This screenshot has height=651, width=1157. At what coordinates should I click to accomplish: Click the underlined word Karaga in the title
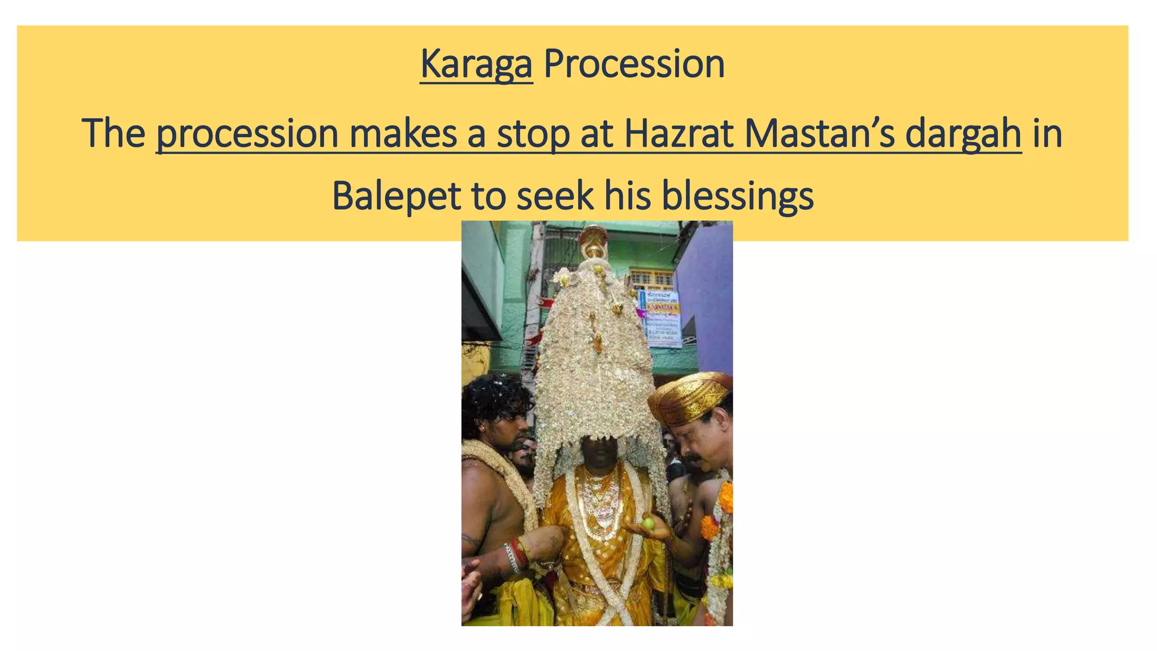476,64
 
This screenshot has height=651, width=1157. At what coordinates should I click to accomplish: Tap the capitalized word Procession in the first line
634,64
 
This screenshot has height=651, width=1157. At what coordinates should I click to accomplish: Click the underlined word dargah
963,134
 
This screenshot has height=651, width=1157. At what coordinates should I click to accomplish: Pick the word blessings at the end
737,197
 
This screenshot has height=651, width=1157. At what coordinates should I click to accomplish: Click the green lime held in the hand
647,523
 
